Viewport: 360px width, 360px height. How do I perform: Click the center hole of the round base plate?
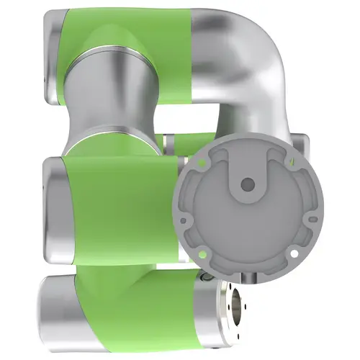point(247,184)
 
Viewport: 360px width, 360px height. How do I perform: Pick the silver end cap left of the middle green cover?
point(54,209)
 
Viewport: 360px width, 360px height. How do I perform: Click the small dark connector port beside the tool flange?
point(207,278)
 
